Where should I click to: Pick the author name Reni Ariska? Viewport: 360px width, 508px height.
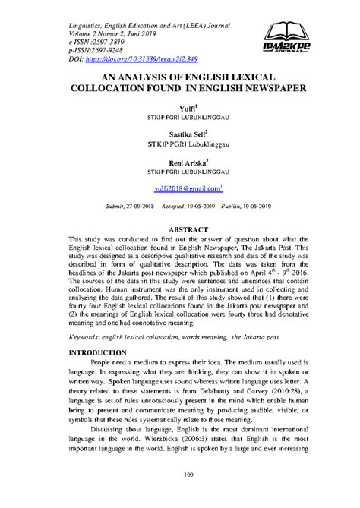(x=178, y=162)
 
